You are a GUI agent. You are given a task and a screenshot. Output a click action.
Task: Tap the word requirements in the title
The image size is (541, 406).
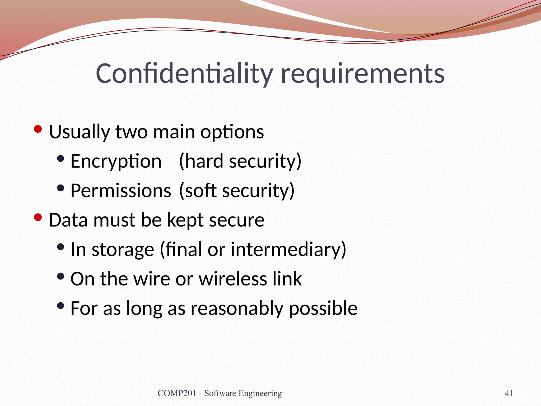[x=363, y=75]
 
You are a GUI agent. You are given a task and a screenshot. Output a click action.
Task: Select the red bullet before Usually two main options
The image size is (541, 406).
[x=38, y=129]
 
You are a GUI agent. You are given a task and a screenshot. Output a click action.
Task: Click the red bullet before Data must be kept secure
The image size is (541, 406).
[x=38, y=218]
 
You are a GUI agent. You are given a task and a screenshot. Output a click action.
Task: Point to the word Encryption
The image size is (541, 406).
[x=116, y=162]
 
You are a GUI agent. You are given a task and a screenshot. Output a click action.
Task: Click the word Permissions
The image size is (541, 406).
[x=121, y=191]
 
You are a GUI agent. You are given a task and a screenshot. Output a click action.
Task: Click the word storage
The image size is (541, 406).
[x=123, y=250]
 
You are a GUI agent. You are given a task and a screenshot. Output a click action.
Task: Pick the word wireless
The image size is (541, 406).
[x=233, y=279]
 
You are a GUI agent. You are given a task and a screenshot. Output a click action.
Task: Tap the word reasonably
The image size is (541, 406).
[x=237, y=309]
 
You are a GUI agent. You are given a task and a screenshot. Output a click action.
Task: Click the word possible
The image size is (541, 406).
[x=323, y=309]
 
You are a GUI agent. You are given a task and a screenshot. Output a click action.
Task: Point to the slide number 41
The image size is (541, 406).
[x=509, y=393]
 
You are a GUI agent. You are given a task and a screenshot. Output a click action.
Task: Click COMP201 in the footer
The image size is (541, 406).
[x=177, y=393]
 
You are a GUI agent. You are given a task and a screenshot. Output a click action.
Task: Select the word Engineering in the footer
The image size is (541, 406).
[x=260, y=394]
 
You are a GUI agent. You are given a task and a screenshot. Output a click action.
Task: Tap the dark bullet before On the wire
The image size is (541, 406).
[x=60, y=277]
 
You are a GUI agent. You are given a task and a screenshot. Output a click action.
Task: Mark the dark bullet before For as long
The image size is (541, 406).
[x=60, y=306]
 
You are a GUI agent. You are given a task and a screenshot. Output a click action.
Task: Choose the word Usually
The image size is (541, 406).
[x=80, y=132]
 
